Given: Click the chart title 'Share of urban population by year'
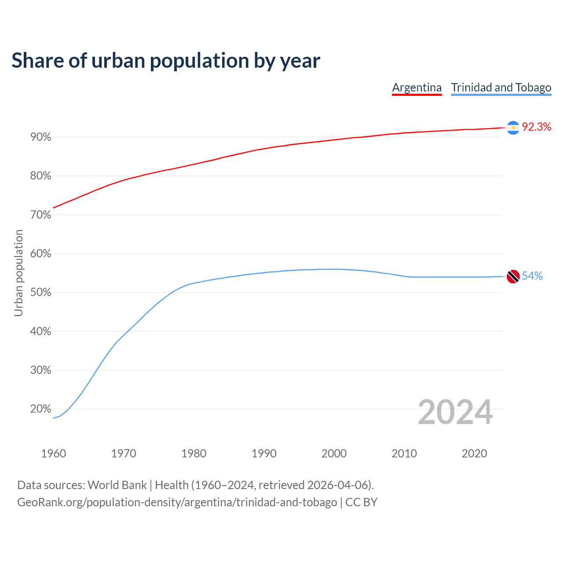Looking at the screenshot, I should [166, 61].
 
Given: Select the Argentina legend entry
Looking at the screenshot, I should [417, 88].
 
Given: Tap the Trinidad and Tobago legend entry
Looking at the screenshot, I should [501, 88].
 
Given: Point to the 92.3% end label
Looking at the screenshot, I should [536, 127].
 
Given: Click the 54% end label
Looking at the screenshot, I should [532, 276].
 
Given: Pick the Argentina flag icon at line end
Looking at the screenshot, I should [513, 128].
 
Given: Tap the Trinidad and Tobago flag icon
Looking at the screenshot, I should [513, 277].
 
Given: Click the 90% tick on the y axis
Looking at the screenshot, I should [41, 137].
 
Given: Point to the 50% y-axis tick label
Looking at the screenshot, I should [41, 292].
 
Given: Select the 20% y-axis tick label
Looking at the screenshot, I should [41, 409].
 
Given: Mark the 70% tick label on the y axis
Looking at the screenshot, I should [41, 215].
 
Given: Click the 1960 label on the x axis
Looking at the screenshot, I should [53, 453].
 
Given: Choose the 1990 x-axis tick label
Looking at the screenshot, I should [264, 453].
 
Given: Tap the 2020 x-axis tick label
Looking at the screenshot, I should [474, 453].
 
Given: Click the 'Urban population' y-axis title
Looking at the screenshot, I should [18, 273].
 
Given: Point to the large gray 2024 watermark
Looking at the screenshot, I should [455, 412].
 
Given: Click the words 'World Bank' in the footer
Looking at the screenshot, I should [117, 485].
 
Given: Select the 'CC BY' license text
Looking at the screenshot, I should [361, 502].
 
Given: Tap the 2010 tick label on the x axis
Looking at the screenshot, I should [404, 453].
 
